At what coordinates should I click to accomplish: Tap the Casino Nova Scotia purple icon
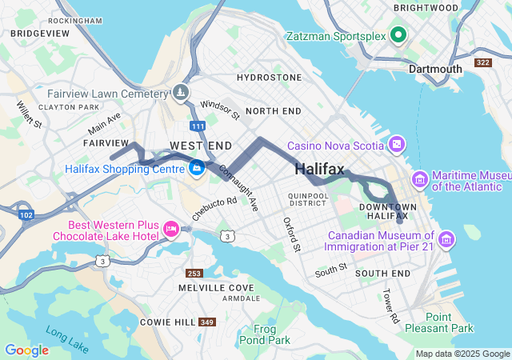click(x=396, y=144)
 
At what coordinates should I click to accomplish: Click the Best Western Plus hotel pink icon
click(x=170, y=230)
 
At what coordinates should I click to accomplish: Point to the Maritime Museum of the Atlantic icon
click(x=419, y=177)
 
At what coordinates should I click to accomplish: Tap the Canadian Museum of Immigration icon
click(x=446, y=238)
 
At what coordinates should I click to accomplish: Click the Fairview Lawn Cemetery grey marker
click(x=182, y=92)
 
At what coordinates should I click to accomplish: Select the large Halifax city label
click(x=319, y=169)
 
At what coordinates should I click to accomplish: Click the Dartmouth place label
click(x=435, y=69)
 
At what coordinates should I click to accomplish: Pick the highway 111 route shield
click(x=198, y=126)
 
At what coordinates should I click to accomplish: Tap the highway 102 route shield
click(x=26, y=214)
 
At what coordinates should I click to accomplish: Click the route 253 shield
click(x=194, y=273)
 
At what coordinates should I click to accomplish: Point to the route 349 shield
click(x=207, y=322)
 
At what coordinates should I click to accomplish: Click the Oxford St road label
click(x=290, y=234)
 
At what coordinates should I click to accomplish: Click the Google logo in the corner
click(x=26, y=350)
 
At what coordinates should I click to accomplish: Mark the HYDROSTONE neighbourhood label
click(x=270, y=78)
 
